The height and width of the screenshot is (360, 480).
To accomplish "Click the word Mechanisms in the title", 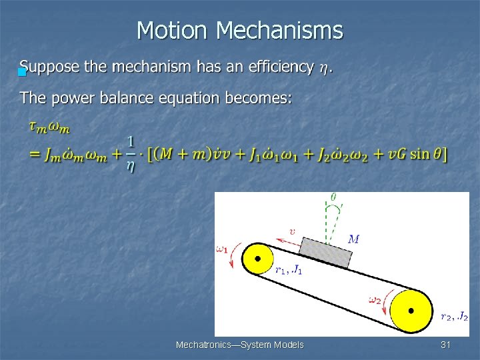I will [279, 31].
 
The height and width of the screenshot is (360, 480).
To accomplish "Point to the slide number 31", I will [446, 345].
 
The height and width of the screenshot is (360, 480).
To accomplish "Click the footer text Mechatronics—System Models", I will [239, 345].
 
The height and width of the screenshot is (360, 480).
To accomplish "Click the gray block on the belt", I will [326, 251].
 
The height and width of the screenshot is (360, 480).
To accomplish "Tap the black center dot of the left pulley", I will [258, 258].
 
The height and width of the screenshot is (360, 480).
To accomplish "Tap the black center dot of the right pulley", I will [411, 311].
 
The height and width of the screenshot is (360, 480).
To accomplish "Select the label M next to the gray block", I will [354, 239].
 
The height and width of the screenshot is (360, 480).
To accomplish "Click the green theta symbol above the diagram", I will [333, 197].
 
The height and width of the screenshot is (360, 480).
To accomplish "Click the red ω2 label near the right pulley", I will [375, 299].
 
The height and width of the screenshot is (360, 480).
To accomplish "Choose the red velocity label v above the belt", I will [291, 232].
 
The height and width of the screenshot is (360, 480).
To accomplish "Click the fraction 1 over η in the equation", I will [130, 154].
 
